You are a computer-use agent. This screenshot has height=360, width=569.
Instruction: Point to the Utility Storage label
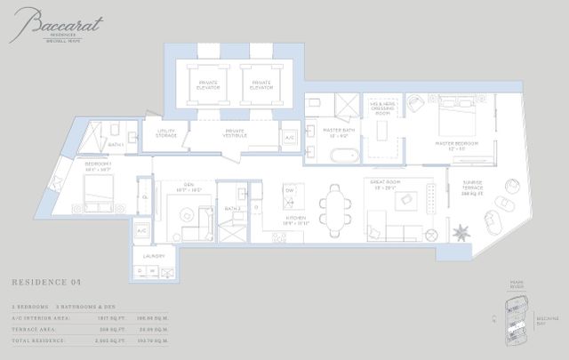tap(166, 134)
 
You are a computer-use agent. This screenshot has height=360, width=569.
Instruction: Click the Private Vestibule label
tap(229, 134)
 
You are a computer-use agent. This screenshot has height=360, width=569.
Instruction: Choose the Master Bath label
tap(339, 134)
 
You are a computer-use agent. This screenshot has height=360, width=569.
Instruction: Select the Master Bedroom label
tap(457, 144)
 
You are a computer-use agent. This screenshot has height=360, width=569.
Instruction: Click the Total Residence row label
tap(39, 342)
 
